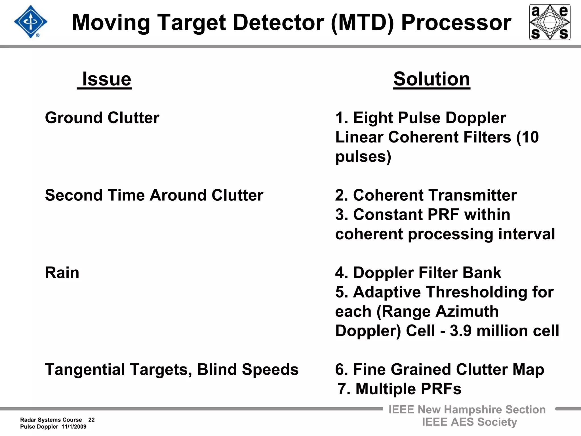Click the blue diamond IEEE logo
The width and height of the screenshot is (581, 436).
click(x=30, y=22)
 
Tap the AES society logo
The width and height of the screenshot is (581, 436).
click(x=550, y=22)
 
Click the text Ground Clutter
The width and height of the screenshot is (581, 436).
click(x=102, y=118)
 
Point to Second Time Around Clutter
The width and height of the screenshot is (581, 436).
click(x=154, y=195)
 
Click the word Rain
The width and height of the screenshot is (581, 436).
click(x=62, y=273)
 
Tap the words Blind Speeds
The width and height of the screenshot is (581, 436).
click(x=248, y=370)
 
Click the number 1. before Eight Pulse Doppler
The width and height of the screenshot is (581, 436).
click(x=342, y=118)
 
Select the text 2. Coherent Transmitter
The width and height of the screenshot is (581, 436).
click(x=426, y=195)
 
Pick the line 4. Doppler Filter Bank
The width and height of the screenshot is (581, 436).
click(x=418, y=273)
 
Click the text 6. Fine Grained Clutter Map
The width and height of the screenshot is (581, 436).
click(x=439, y=370)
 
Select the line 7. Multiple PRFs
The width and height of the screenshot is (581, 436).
click(x=399, y=389)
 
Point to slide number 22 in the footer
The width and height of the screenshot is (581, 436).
click(x=91, y=420)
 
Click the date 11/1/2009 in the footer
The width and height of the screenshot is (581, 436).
click(x=74, y=427)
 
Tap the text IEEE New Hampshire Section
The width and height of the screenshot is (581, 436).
click(x=467, y=410)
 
